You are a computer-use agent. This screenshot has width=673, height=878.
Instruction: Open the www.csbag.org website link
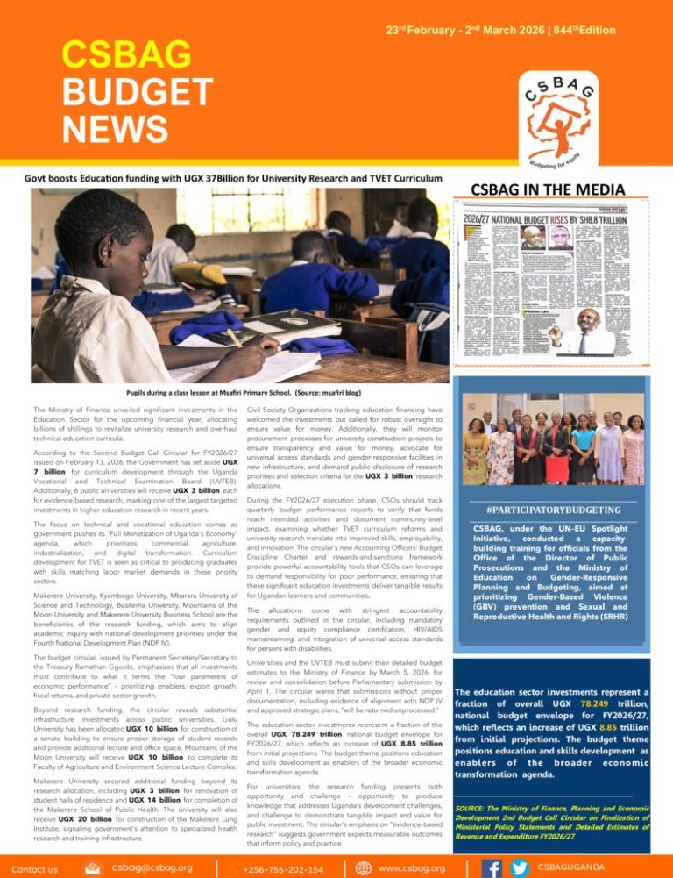pos(413,867)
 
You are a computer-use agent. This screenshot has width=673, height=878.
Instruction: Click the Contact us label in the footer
pos(35,868)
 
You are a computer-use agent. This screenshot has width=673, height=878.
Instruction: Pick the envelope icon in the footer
pos(92,866)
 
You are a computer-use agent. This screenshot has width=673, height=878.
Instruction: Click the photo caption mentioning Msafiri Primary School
pos(230,395)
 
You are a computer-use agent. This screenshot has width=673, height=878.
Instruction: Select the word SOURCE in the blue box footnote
pos(474,804)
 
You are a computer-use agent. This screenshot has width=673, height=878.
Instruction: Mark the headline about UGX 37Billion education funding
pos(226,179)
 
